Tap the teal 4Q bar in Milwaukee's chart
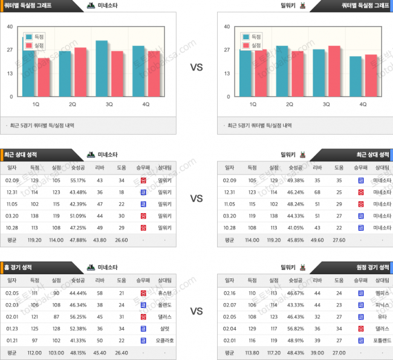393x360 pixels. point(356,76)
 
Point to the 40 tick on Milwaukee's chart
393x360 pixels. point(227,27)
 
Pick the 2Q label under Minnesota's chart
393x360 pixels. point(72,104)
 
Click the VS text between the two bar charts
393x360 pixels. point(197,68)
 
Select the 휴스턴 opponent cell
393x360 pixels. point(164,293)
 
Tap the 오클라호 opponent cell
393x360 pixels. point(164,340)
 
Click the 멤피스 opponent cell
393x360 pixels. point(382,293)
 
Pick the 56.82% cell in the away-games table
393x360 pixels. point(295,328)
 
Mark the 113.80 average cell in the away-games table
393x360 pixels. point(252,352)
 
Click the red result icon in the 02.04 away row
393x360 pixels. point(360,328)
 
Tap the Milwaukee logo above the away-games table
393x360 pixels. point(302,267)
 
